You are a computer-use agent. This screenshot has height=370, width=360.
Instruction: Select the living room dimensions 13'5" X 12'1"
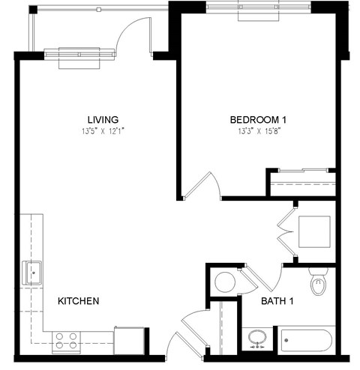point(103,132)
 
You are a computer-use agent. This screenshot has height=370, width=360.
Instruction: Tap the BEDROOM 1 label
point(257,119)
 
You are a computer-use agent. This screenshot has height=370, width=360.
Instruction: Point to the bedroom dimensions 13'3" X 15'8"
point(257,132)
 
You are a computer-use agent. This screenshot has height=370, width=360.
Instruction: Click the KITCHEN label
point(79,301)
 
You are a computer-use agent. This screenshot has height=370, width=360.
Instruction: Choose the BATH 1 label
point(277,302)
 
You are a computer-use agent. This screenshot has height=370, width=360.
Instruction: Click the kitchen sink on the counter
point(32,272)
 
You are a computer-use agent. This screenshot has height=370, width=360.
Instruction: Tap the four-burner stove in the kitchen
point(67,342)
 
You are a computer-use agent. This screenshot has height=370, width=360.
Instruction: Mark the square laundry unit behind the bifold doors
point(312,232)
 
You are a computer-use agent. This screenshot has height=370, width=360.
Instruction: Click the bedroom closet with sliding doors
point(301,184)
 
